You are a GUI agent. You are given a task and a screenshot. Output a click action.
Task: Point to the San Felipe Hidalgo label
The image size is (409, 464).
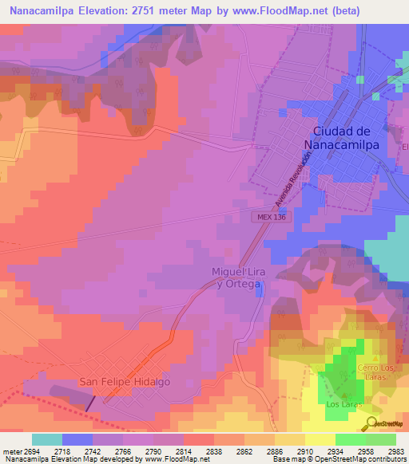coord(125,383)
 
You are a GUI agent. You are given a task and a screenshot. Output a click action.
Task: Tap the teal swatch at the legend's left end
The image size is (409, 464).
coord(47,439)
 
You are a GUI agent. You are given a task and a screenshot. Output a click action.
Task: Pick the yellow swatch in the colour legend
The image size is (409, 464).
coord(320,439)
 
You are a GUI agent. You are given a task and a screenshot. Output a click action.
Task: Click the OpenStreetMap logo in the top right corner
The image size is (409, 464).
coord(387,81)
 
